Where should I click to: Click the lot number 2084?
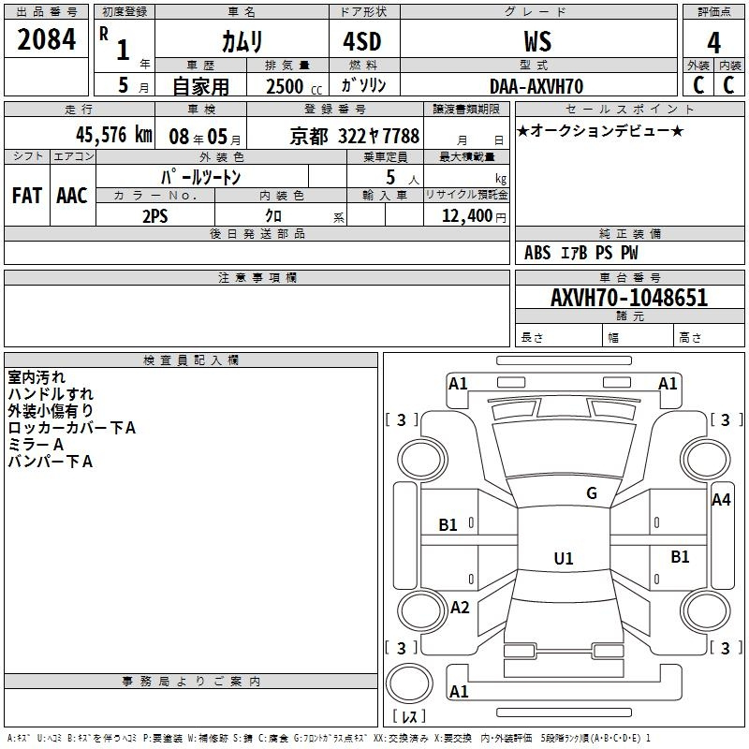tap(46, 39)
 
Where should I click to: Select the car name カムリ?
tap(242, 41)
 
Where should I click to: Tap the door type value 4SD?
tap(362, 41)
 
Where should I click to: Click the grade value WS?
tap(537, 41)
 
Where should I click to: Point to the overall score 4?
tap(713, 43)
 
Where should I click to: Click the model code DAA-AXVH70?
tap(536, 86)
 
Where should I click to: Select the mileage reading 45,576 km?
tap(113, 135)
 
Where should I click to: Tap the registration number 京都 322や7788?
tap(355, 136)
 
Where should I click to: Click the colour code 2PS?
tap(155, 216)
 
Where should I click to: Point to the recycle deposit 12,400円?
tap(474, 216)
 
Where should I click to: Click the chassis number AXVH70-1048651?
tap(629, 298)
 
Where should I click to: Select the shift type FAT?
tap(27, 196)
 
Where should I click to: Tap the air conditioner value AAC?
tap(72, 196)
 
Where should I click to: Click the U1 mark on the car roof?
tap(564, 558)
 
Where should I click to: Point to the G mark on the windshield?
tap(592, 493)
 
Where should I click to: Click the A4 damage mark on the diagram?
tap(721, 500)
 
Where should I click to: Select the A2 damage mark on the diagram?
tap(460, 607)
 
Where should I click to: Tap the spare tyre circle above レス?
tap(409, 683)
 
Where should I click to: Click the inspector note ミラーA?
tap(36, 445)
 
